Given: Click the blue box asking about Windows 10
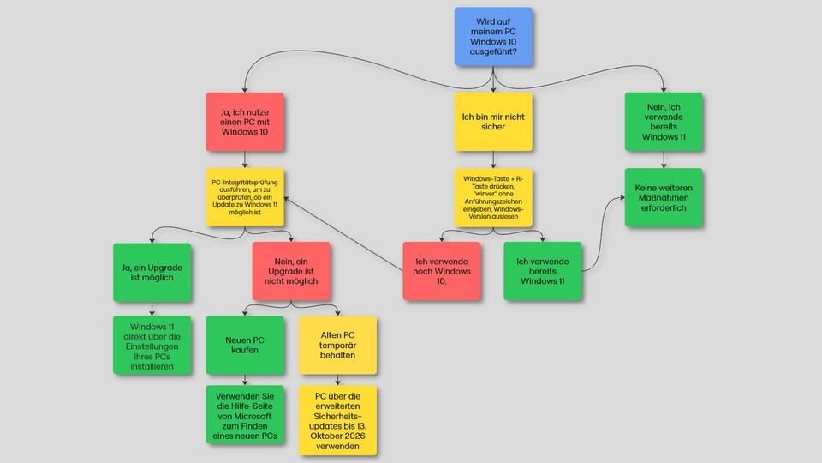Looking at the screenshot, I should click(492, 36).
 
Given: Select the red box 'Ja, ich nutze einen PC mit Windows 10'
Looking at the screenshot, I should click(245, 122).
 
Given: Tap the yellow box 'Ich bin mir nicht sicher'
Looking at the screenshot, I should click(492, 122).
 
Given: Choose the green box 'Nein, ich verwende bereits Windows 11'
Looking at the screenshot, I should click(664, 122).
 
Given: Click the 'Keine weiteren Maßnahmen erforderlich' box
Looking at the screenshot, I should click(664, 197).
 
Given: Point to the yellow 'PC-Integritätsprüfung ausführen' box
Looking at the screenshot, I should click(245, 197).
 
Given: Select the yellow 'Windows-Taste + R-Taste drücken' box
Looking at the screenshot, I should click(492, 197).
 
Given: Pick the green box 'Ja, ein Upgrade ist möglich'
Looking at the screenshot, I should click(152, 272).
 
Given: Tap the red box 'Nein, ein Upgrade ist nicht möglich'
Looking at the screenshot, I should click(291, 272).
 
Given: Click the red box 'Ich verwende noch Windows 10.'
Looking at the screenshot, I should click(441, 272).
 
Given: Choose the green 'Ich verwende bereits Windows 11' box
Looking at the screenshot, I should click(543, 272).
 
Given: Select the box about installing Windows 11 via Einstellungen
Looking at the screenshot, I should click(152, 346).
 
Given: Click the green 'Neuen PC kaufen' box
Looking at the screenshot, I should click(245, 346).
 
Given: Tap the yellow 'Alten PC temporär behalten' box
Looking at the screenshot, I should click(337, 346).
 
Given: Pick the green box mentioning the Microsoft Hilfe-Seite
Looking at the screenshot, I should click(245, 414).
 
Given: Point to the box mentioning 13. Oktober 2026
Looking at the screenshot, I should click(337, 420).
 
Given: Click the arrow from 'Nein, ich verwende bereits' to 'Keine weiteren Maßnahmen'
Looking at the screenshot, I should click(664, 159).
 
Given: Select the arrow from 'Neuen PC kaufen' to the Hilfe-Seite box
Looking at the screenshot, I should click(245, 380).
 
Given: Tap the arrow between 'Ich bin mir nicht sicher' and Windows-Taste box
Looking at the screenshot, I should click(492, 159).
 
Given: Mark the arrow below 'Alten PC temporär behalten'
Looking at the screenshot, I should click(337, 380).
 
